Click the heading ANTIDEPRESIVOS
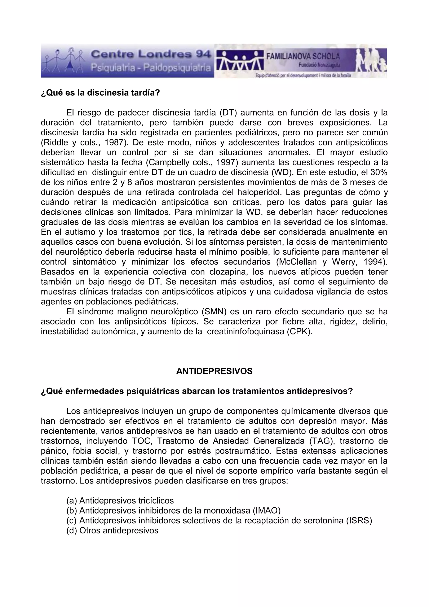point(214,371)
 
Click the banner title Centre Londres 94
point(151,54)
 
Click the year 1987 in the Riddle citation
point(116,143)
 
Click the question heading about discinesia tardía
point(101,93)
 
